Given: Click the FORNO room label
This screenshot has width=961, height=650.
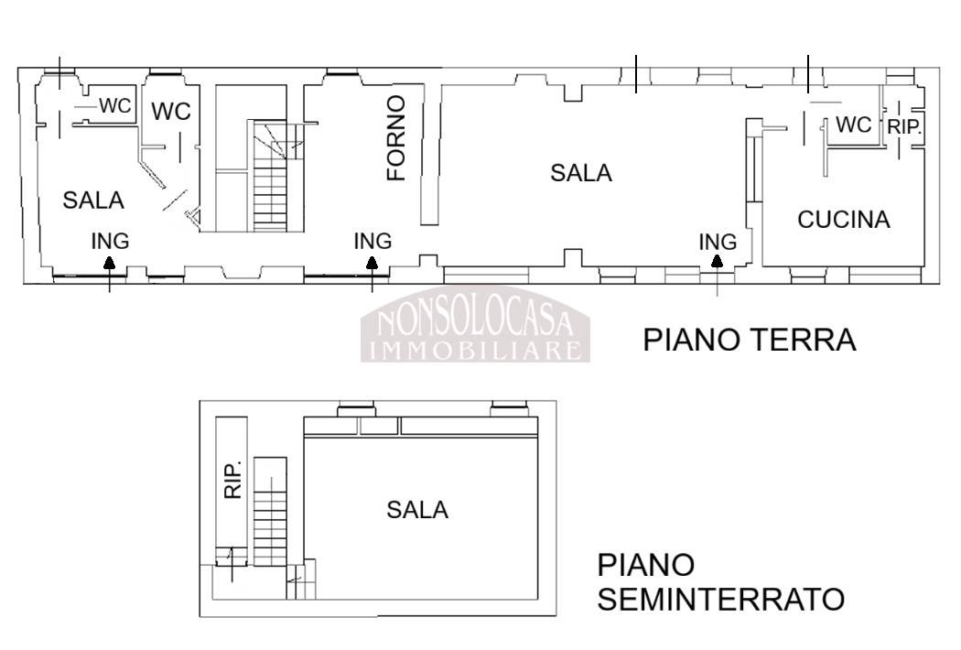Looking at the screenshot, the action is pos(396,138).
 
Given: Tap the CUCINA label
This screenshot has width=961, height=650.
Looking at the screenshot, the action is pos(843,220).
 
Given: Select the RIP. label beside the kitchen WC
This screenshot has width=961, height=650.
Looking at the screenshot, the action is pos(904,127).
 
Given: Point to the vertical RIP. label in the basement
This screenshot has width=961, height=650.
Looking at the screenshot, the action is pos(232,480).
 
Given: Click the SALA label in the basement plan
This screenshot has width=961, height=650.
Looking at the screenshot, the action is pos(417,510).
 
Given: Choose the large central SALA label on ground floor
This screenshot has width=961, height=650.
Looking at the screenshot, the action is pos(581,173).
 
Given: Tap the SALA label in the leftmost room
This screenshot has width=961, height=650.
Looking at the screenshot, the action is pos(93,200).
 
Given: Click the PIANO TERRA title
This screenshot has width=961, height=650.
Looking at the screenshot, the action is pos(749,340).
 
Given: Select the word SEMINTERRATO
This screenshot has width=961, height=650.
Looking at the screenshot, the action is pos(721,599).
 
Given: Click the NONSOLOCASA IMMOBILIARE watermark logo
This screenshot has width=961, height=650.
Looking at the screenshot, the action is pos(475,324).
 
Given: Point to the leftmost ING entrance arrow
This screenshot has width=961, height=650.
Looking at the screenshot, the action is pos(109,274).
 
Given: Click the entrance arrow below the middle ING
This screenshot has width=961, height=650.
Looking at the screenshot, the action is pos(372,274).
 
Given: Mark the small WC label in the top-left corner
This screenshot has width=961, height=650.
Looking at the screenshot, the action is pos(115,105).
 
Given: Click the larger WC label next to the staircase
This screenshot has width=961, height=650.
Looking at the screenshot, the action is pos(171,112).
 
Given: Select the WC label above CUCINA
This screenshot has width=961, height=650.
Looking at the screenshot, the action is pos(853,125).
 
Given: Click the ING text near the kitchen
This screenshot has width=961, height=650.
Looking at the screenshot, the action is pos(718,243).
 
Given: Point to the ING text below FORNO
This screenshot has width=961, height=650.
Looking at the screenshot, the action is pos(373,241).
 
